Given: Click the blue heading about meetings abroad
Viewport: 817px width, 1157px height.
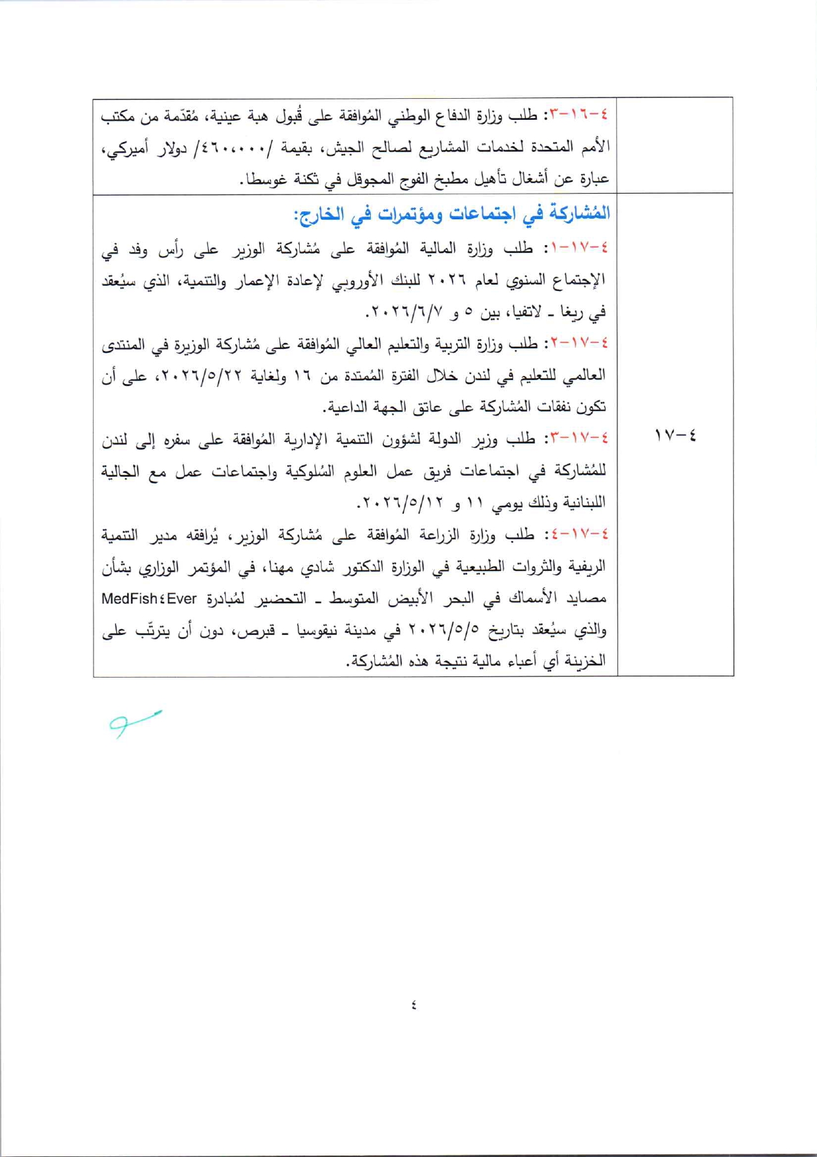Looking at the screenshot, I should coord(451,214).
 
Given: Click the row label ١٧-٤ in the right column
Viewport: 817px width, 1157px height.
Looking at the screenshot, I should coord(675,435).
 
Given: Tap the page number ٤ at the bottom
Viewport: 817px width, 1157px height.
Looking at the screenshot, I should coord(413,1005).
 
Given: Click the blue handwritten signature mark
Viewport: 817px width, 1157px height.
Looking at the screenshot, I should coord(134,722).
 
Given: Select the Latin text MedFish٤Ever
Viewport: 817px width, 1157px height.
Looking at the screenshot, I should coord(150,599).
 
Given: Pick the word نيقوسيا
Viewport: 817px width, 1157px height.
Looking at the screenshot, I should coord(320,630).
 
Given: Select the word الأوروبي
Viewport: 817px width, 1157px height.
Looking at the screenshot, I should coord(356,280).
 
